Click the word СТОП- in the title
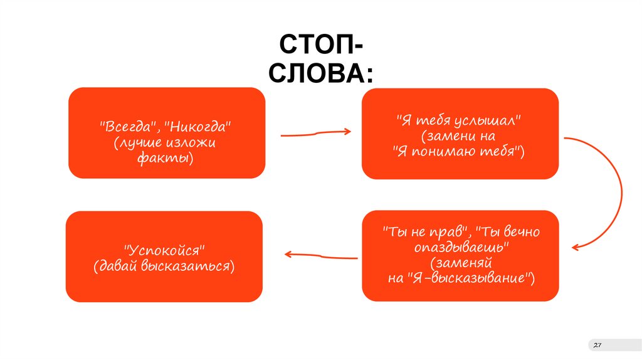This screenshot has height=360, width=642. tap(320, 46)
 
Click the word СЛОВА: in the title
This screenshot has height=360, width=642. tap(320, 73)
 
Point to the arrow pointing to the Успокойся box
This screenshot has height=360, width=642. tap(320, 255)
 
